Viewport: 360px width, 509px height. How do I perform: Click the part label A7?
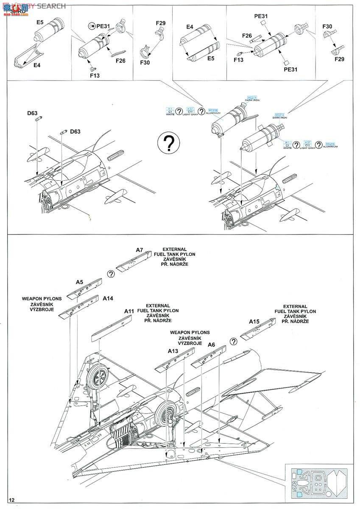pyautogui.click(x=139, y=250)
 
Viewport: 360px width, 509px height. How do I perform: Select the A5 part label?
pyautogui.click(x=79, y=282)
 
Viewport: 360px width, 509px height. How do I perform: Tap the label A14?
pyautogui.click(x=108, y=298)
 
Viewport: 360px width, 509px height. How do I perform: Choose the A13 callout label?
pyautogui.click(x=173, y=351)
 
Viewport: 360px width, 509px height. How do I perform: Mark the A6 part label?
pyautogui.click(x=212, y=345)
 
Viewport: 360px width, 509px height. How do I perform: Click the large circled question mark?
pyautogui.click(x=168, y=143)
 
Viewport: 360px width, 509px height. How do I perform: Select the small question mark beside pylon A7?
pyautogui.click(x=111, y=274)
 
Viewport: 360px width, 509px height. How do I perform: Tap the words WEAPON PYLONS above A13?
pyautogui.click(x=190, y=332)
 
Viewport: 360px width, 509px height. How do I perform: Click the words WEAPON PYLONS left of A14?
pyautogui.click(x=42, y=299)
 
